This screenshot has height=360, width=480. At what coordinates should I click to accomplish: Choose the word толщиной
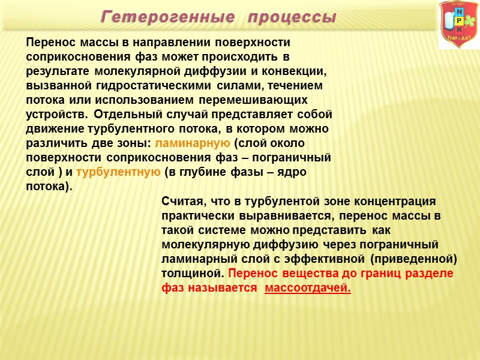(x=191, y=274)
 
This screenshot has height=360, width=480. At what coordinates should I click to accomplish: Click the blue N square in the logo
(x=459, y=12)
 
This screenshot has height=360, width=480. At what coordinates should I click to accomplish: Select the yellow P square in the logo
(x=459, y=21)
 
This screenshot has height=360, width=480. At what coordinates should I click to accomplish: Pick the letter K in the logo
(x=459, y=29)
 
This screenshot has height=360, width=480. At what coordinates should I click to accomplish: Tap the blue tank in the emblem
(x=447, y=22)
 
